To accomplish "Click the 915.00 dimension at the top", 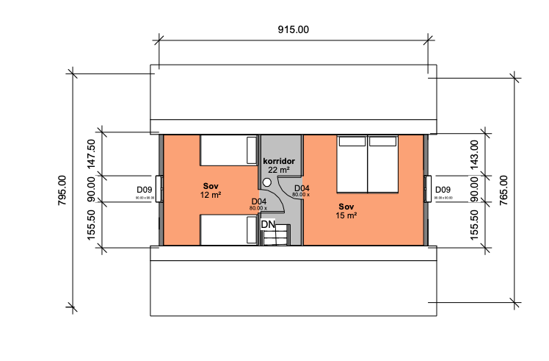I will pos(293,30).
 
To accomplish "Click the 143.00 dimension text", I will pos(474,155).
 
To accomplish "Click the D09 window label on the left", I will pos(144,190).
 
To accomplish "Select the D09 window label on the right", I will pos(443,190).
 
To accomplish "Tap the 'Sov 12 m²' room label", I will pos(211,191).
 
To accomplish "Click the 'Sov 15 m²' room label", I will pos(347,211).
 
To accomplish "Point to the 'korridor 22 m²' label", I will pos(278,165).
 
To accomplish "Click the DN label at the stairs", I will pos(268,224).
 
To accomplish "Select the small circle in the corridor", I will pos(267,182).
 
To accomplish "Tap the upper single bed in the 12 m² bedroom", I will pos(229,150).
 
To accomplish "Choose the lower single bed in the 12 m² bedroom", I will pos(229,229).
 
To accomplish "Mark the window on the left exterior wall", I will pos(159,190).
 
